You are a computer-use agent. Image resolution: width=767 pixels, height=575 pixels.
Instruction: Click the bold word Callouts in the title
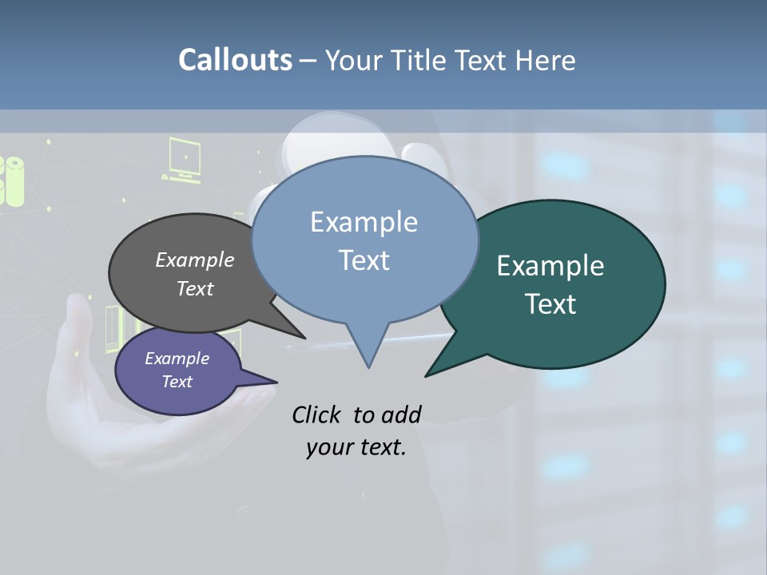pos(235,60)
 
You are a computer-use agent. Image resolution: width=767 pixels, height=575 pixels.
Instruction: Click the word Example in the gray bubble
pos(194,260)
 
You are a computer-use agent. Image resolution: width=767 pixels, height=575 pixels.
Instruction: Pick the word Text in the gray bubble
pos(194,288)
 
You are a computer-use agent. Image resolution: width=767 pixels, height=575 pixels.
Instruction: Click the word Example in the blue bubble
pos(364,222)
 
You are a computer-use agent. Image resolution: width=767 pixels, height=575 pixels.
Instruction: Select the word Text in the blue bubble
pos(364,260)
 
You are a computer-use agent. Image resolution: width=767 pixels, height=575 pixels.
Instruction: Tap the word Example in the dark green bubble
pos(550,266)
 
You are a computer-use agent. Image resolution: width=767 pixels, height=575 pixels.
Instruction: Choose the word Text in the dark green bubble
pos(550,304)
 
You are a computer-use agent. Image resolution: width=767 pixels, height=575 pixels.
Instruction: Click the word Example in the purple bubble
pos(177,359)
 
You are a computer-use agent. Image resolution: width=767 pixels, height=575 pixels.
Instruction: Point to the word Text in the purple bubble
pos(177,382)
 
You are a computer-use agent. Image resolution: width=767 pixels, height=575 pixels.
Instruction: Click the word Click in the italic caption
pos(317,414)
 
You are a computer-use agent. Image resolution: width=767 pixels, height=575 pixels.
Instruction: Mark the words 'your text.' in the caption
pos(356,447)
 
